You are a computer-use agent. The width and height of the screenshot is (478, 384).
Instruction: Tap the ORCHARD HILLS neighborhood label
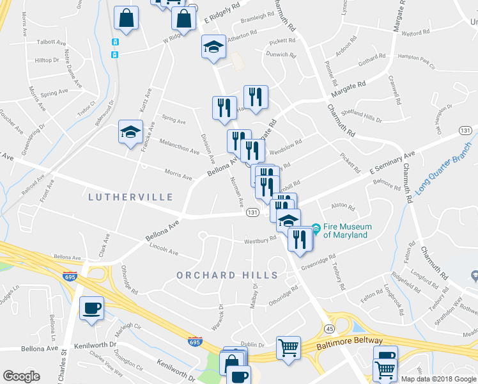click(x=227, y=275)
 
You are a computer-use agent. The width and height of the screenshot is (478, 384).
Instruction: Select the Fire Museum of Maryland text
click(x=345, y=230)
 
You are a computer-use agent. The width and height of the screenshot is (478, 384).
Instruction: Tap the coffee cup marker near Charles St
click(x=91, y=308)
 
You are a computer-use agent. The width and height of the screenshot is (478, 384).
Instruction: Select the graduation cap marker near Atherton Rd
click(x=214, y=46)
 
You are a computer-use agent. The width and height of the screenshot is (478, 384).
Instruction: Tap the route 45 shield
click(x=328, y=328)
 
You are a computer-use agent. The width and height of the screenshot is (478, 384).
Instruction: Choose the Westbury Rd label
click(x=259, y=241)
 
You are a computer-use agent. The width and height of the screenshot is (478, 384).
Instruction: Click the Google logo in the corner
click(x=21, y=376)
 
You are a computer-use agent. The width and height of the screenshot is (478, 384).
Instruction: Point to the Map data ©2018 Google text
click(x=438, y=379)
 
